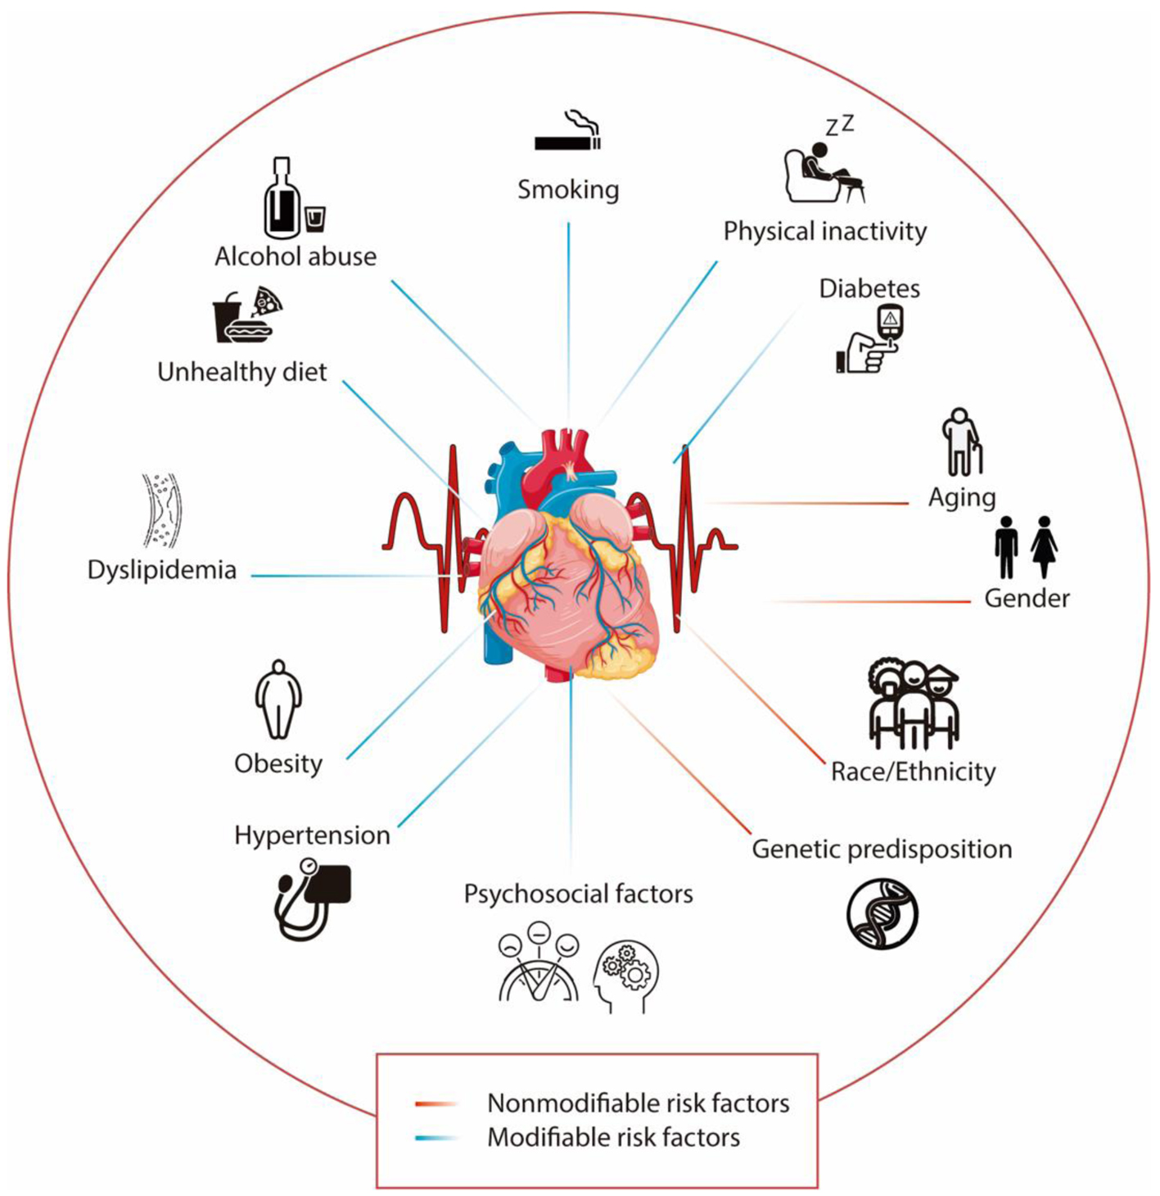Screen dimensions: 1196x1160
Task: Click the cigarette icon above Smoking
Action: (x=567, y=136)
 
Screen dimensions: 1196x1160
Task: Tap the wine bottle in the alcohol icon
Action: (x=281, y=199)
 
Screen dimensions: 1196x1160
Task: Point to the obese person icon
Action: (x=278, y=700)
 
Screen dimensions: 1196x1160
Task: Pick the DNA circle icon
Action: (x=882, y=913)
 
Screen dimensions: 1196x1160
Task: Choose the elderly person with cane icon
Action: (x=961, y=442)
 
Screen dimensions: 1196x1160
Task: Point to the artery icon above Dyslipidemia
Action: (x=160, y=510)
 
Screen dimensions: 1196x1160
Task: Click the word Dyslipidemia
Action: (x=162, y=569)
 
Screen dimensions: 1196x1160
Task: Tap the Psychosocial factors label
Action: (x=578, y=893)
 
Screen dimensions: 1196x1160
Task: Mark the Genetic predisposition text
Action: (x=882, y=849)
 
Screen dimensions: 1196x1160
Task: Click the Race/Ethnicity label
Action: (x=913, y=772)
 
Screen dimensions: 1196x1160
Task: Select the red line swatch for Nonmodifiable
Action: (x=436, y=1103)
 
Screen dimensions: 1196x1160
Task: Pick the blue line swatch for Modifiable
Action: (x=436, y=1138)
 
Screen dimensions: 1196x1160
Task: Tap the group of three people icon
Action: (x=913, y=704)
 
